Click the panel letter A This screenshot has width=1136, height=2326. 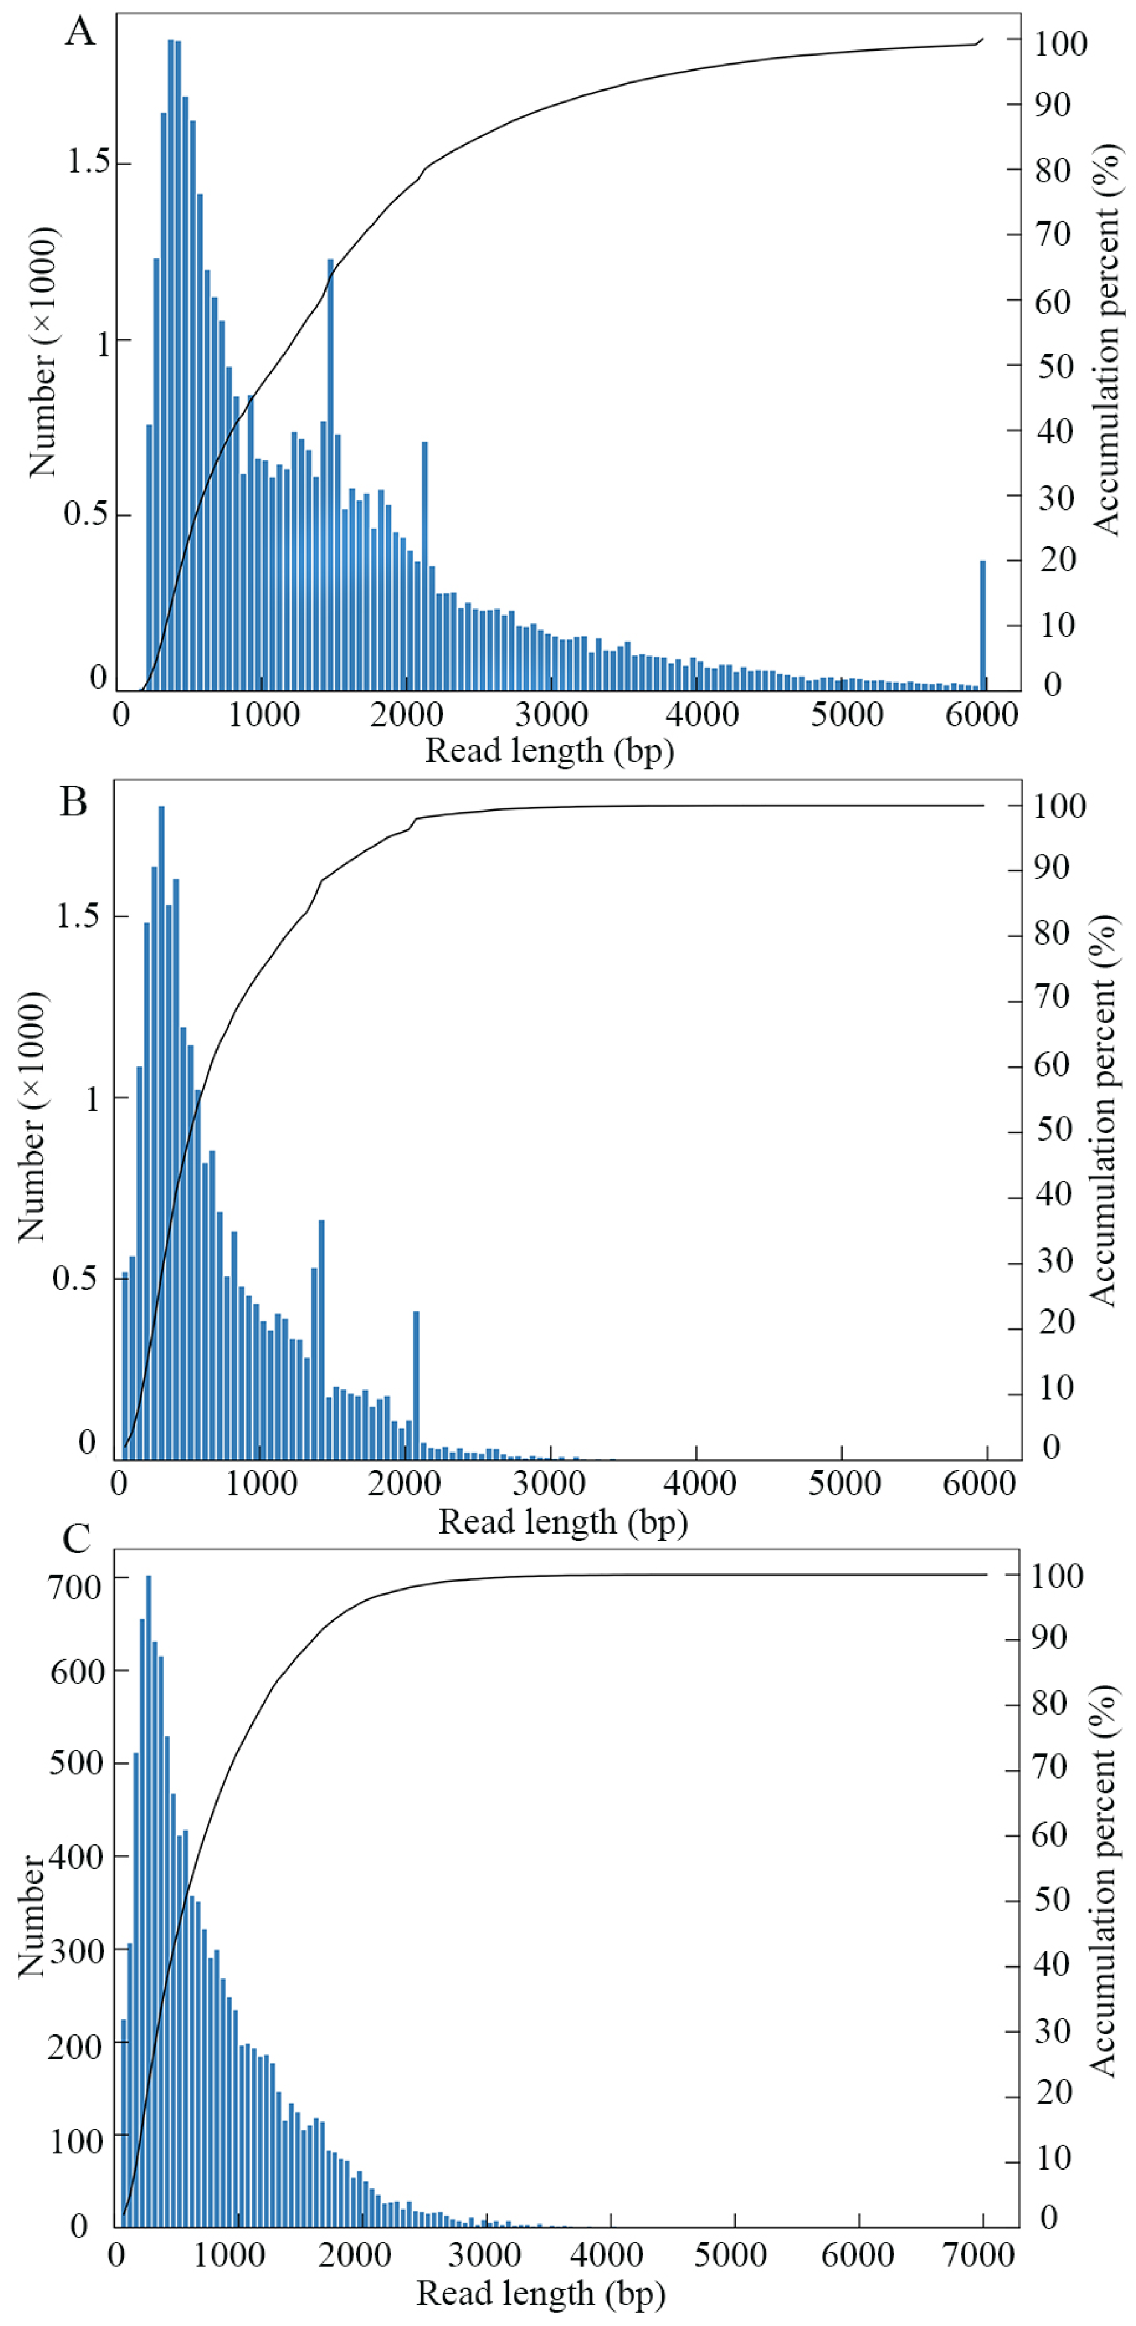click(x=80, y=33)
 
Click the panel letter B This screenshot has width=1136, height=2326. click(x=74, y=802)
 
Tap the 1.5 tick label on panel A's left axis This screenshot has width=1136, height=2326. click(x=89, y=162)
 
